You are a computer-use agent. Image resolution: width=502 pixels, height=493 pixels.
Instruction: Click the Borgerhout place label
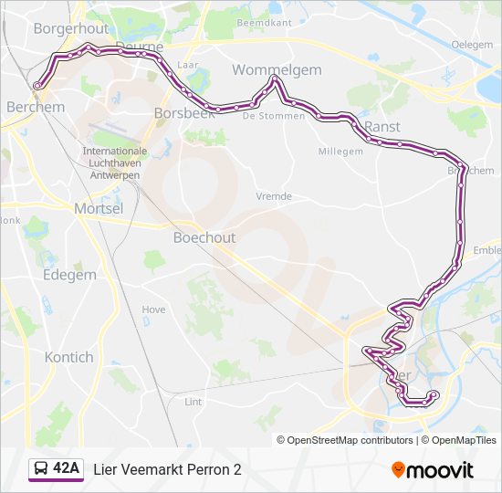pos(70,28)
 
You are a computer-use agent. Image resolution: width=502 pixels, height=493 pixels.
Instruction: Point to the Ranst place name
pos(382,126)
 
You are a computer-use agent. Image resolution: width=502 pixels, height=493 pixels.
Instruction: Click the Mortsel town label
pos(98,208)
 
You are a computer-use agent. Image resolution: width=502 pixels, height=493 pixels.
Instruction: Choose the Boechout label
pos(204,237)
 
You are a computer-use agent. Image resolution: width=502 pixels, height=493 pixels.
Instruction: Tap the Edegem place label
pos(68,275)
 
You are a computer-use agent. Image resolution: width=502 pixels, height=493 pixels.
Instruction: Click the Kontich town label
pos(68,357)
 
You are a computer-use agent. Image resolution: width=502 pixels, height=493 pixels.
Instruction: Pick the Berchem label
pos(36,107)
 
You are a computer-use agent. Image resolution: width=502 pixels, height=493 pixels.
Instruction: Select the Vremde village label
pos(274,196)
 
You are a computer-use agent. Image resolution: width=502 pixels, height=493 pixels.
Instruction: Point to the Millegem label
pos(340,152)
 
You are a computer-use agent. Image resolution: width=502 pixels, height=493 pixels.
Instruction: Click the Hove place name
pos(153,309)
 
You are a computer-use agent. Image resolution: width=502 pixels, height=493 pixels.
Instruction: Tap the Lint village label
pos(193,401)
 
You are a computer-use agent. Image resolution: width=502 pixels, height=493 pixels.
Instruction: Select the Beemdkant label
pos(263,22)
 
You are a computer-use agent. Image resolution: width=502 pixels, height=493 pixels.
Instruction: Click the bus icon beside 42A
pos(41,469)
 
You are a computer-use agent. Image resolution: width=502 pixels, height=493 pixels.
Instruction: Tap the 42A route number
pos(67,469)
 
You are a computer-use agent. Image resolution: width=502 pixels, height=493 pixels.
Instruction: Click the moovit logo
pos(433,470)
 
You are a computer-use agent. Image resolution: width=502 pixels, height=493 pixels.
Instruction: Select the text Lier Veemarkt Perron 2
pos(168,469)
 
